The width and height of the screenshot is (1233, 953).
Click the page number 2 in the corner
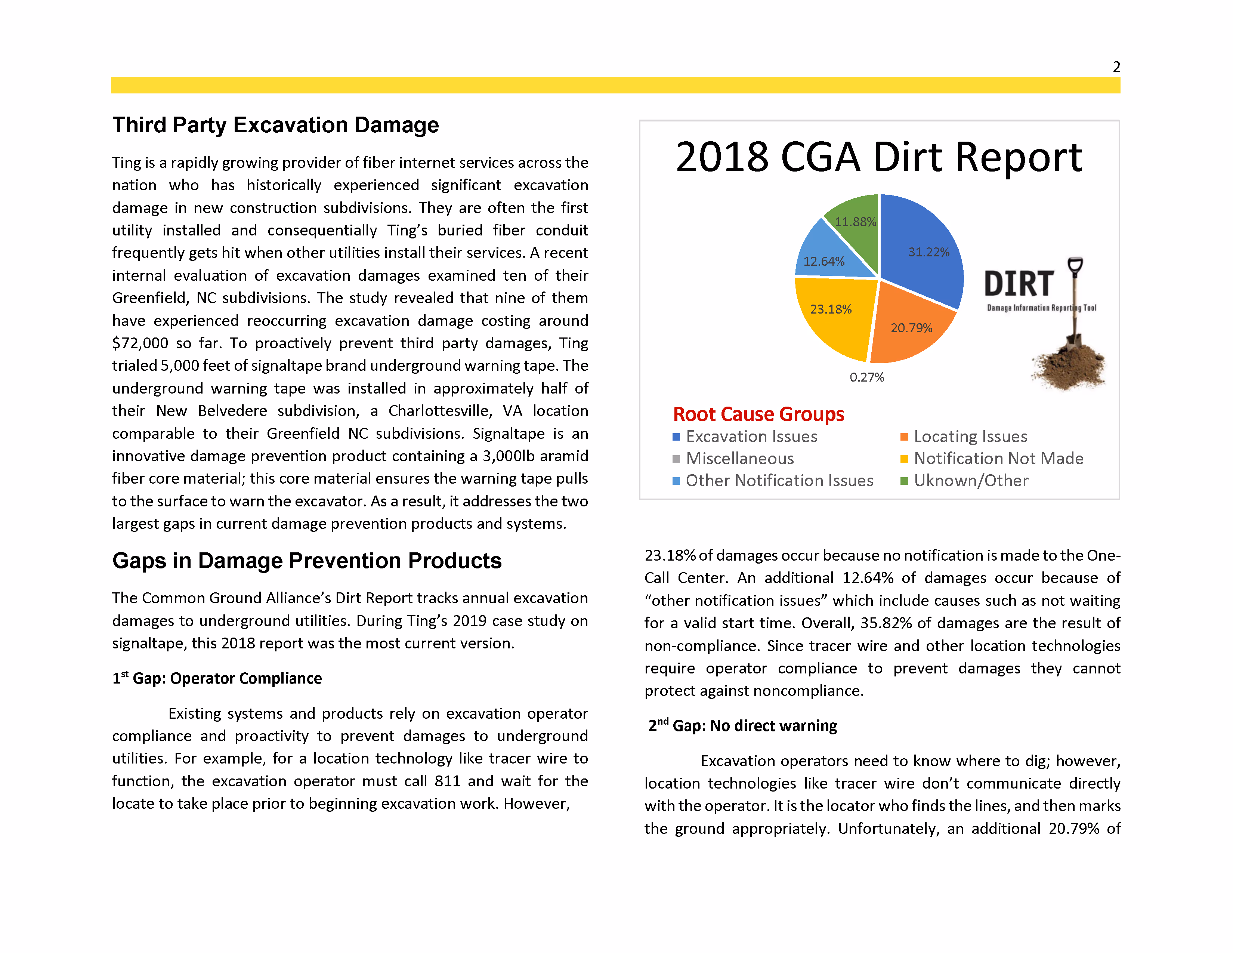1116,67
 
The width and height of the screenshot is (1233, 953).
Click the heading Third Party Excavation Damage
275,125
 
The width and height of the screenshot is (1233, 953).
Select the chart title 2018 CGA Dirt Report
878,157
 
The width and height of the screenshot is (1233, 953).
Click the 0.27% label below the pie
866,377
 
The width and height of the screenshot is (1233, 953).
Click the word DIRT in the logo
1019,284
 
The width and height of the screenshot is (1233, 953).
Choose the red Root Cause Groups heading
758,414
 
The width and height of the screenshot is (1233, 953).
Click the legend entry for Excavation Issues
751,437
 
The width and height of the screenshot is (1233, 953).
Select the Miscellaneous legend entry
739,459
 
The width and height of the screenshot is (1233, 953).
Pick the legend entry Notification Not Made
998,459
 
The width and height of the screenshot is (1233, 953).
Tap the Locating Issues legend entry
970,437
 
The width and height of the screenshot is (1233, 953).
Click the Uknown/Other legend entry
970,481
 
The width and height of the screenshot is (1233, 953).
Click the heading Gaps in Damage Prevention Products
306,561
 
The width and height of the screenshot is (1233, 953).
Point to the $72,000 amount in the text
140,343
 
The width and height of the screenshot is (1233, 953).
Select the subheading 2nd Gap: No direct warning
742,725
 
